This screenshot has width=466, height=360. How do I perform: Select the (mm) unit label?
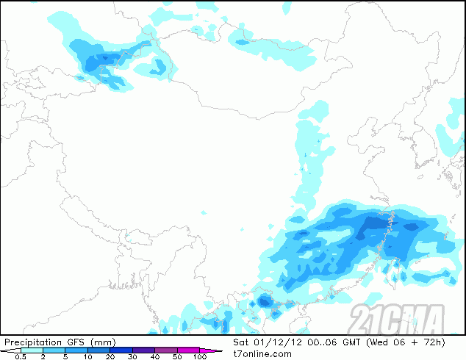[x=103, y=342]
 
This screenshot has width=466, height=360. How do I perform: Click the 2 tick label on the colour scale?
[x=43, y=357]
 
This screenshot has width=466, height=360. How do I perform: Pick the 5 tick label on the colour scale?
[x=65, y=357]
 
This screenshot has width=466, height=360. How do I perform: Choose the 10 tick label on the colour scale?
[x=87, y=357]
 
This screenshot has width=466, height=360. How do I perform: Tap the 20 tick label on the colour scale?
[x=110, y=357]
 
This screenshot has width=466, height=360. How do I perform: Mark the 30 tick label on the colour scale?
[x=132, y=357]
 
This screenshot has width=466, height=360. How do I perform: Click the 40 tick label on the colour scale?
[x=155, y=357]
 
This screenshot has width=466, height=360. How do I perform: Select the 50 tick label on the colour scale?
[x=177, y=357]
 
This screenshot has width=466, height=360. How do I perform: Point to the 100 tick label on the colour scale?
[x=199, y=357]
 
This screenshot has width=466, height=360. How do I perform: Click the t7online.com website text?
[x=261, y=354]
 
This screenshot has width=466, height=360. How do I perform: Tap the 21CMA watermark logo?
[x=397, y=319]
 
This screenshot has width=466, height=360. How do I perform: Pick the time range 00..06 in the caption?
[x=320, y=342]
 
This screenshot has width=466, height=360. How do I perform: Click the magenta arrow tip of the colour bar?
[x=218, y=350]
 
